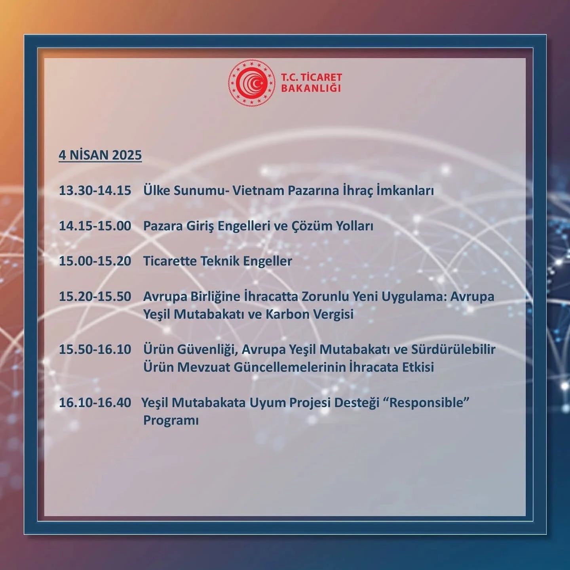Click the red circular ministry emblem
tap(252, 83)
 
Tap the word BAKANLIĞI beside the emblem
tap(311, 88)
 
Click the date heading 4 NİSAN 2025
tap(100, 155)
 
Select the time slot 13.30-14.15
tap(95, 190)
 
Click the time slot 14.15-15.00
tap(95, 226)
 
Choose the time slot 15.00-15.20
tap(95, 261)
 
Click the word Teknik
tap(220, 261)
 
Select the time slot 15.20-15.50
tap(95, 296)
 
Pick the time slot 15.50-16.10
tap(95, 350)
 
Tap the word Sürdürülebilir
tap(453, 350)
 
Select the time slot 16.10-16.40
tap(95, 403)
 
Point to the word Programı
tap(171, 421)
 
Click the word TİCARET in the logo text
tap(321, 77)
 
